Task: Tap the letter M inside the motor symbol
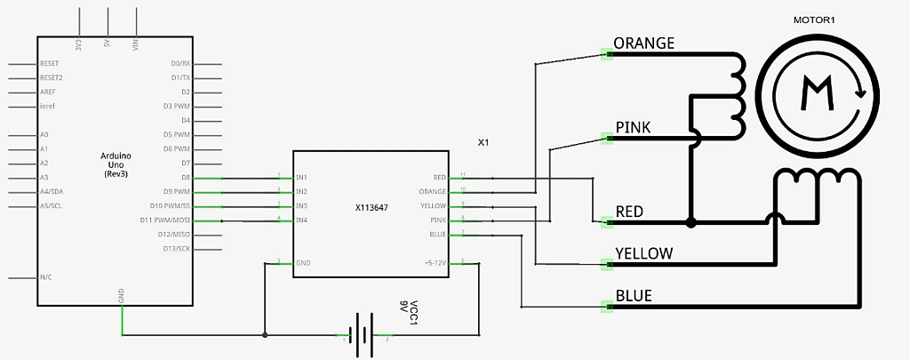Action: [816, 93]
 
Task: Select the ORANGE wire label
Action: [644, 43]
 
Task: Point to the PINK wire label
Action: [633, 128]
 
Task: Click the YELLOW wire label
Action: [644, 253]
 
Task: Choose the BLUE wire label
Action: [634, 295]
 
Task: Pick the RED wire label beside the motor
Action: [629, 212]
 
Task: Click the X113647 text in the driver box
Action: [373, 206]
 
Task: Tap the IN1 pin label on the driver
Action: [301, 178]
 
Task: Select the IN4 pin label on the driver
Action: [301, 220]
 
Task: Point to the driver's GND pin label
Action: [302, 263]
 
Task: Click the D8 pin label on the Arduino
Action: [185, 178]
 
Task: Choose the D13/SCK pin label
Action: [177, 248]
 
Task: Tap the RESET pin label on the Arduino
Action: [50, 64]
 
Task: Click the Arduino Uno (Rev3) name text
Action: [116, 164]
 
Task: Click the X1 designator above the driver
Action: [483, 142]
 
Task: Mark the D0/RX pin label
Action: [180, 64]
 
